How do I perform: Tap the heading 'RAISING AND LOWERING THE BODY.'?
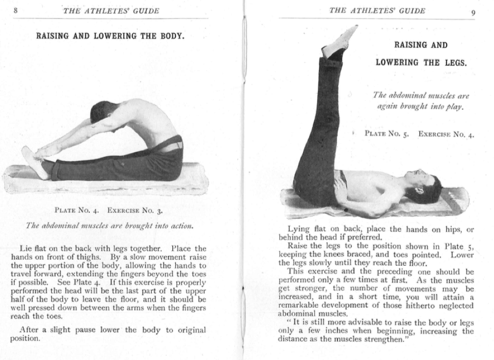coord(110,36)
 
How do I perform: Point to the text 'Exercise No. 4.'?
coord(446,134)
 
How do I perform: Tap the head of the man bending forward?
coord(102,111)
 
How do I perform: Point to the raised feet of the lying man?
coord(340,41)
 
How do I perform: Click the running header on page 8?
coord(111,11)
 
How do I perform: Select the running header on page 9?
coord(377,11)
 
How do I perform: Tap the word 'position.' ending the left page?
coord(25,338)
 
